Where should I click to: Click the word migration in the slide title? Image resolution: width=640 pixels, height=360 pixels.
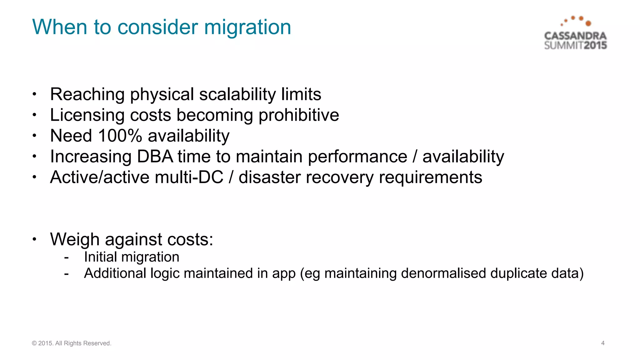point(247,27)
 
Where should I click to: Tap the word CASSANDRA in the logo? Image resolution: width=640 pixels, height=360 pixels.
point(575,36)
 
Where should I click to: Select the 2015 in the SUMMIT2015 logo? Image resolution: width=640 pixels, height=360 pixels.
point(595,46)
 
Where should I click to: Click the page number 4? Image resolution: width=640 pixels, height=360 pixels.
point(603,343)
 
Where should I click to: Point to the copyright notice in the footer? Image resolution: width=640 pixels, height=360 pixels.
point(72,343)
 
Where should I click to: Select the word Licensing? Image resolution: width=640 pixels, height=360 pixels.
point(87,115)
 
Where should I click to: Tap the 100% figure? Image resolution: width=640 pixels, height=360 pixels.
point(120,136)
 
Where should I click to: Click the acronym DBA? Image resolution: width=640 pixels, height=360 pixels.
point(155,156)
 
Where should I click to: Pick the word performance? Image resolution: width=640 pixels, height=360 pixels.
point(357,156)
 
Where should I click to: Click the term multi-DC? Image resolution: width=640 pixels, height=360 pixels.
point(189,177)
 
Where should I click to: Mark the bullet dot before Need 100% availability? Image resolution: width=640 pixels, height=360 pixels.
point(35,136)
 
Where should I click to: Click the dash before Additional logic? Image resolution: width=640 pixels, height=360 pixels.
point(66,274)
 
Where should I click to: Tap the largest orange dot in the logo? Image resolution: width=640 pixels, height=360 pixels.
point(588,23)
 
